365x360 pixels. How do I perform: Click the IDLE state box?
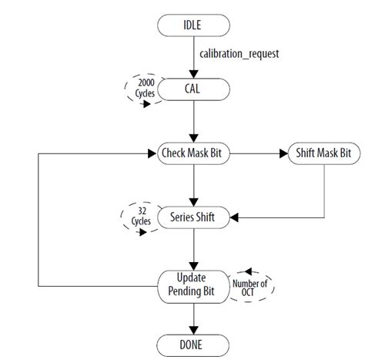coord(193,26)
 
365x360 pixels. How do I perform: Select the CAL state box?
coord(193,89)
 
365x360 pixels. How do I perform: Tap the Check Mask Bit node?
coord(193,153)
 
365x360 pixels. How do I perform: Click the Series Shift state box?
coord(193,217)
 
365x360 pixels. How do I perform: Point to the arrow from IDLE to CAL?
coord(193,58)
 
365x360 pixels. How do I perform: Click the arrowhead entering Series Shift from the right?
coord(236,217)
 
